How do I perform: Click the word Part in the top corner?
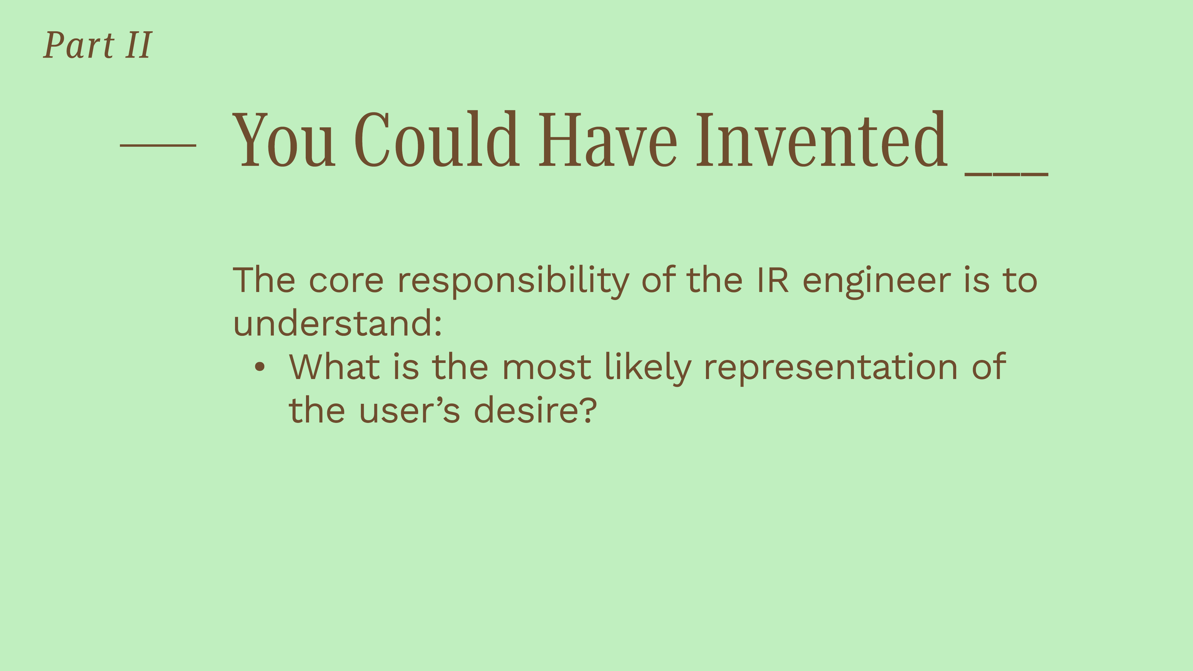click(79, 45)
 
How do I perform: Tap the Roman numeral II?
click(138, 45)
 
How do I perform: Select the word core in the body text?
click(346, 281)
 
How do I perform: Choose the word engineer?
click(876, 282)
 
